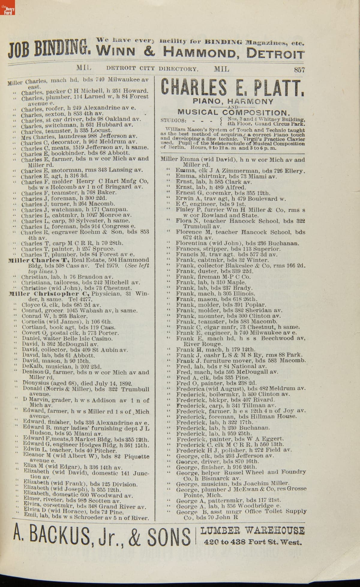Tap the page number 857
tap(299, 70)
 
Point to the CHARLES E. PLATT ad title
tap(232, 87)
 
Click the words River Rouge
tap(203, 344)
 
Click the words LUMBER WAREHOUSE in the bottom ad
tap(252, 531)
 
